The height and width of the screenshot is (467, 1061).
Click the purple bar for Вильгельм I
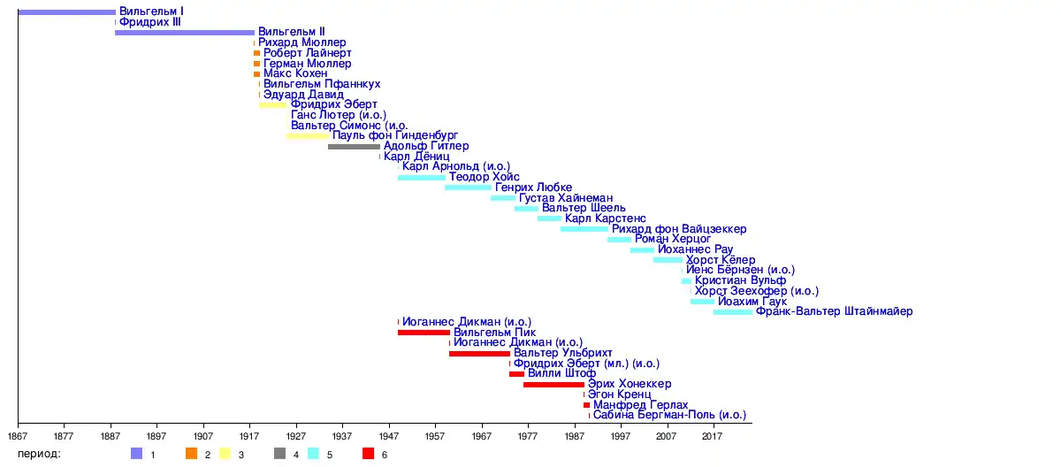point(66,12)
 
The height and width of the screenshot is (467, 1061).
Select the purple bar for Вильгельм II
point(184,33)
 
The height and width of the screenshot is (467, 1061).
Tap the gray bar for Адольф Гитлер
point(354,146)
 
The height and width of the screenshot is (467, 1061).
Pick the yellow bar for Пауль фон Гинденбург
point(308,136)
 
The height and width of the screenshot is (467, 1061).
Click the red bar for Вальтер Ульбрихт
point(479,354)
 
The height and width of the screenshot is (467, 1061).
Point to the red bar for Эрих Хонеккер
point(553,385)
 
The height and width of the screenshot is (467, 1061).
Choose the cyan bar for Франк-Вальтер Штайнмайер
point(733,312)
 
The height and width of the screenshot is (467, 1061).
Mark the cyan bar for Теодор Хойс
point(422,177)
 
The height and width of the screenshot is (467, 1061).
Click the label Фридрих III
point(150,22)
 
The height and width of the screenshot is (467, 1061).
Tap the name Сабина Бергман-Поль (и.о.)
point(669,415)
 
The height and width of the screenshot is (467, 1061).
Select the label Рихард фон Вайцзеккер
point(679,229)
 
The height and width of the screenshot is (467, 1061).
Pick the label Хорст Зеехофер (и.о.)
point(756,291)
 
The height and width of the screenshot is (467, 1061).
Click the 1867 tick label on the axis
point(19,436)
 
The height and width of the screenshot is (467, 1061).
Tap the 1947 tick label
point(389,436)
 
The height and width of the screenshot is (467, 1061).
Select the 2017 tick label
point(713,436)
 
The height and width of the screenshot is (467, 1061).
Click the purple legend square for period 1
point(136,454)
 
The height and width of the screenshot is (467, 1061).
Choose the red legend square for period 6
point(368,454)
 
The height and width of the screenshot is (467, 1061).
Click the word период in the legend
point(41,454)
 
